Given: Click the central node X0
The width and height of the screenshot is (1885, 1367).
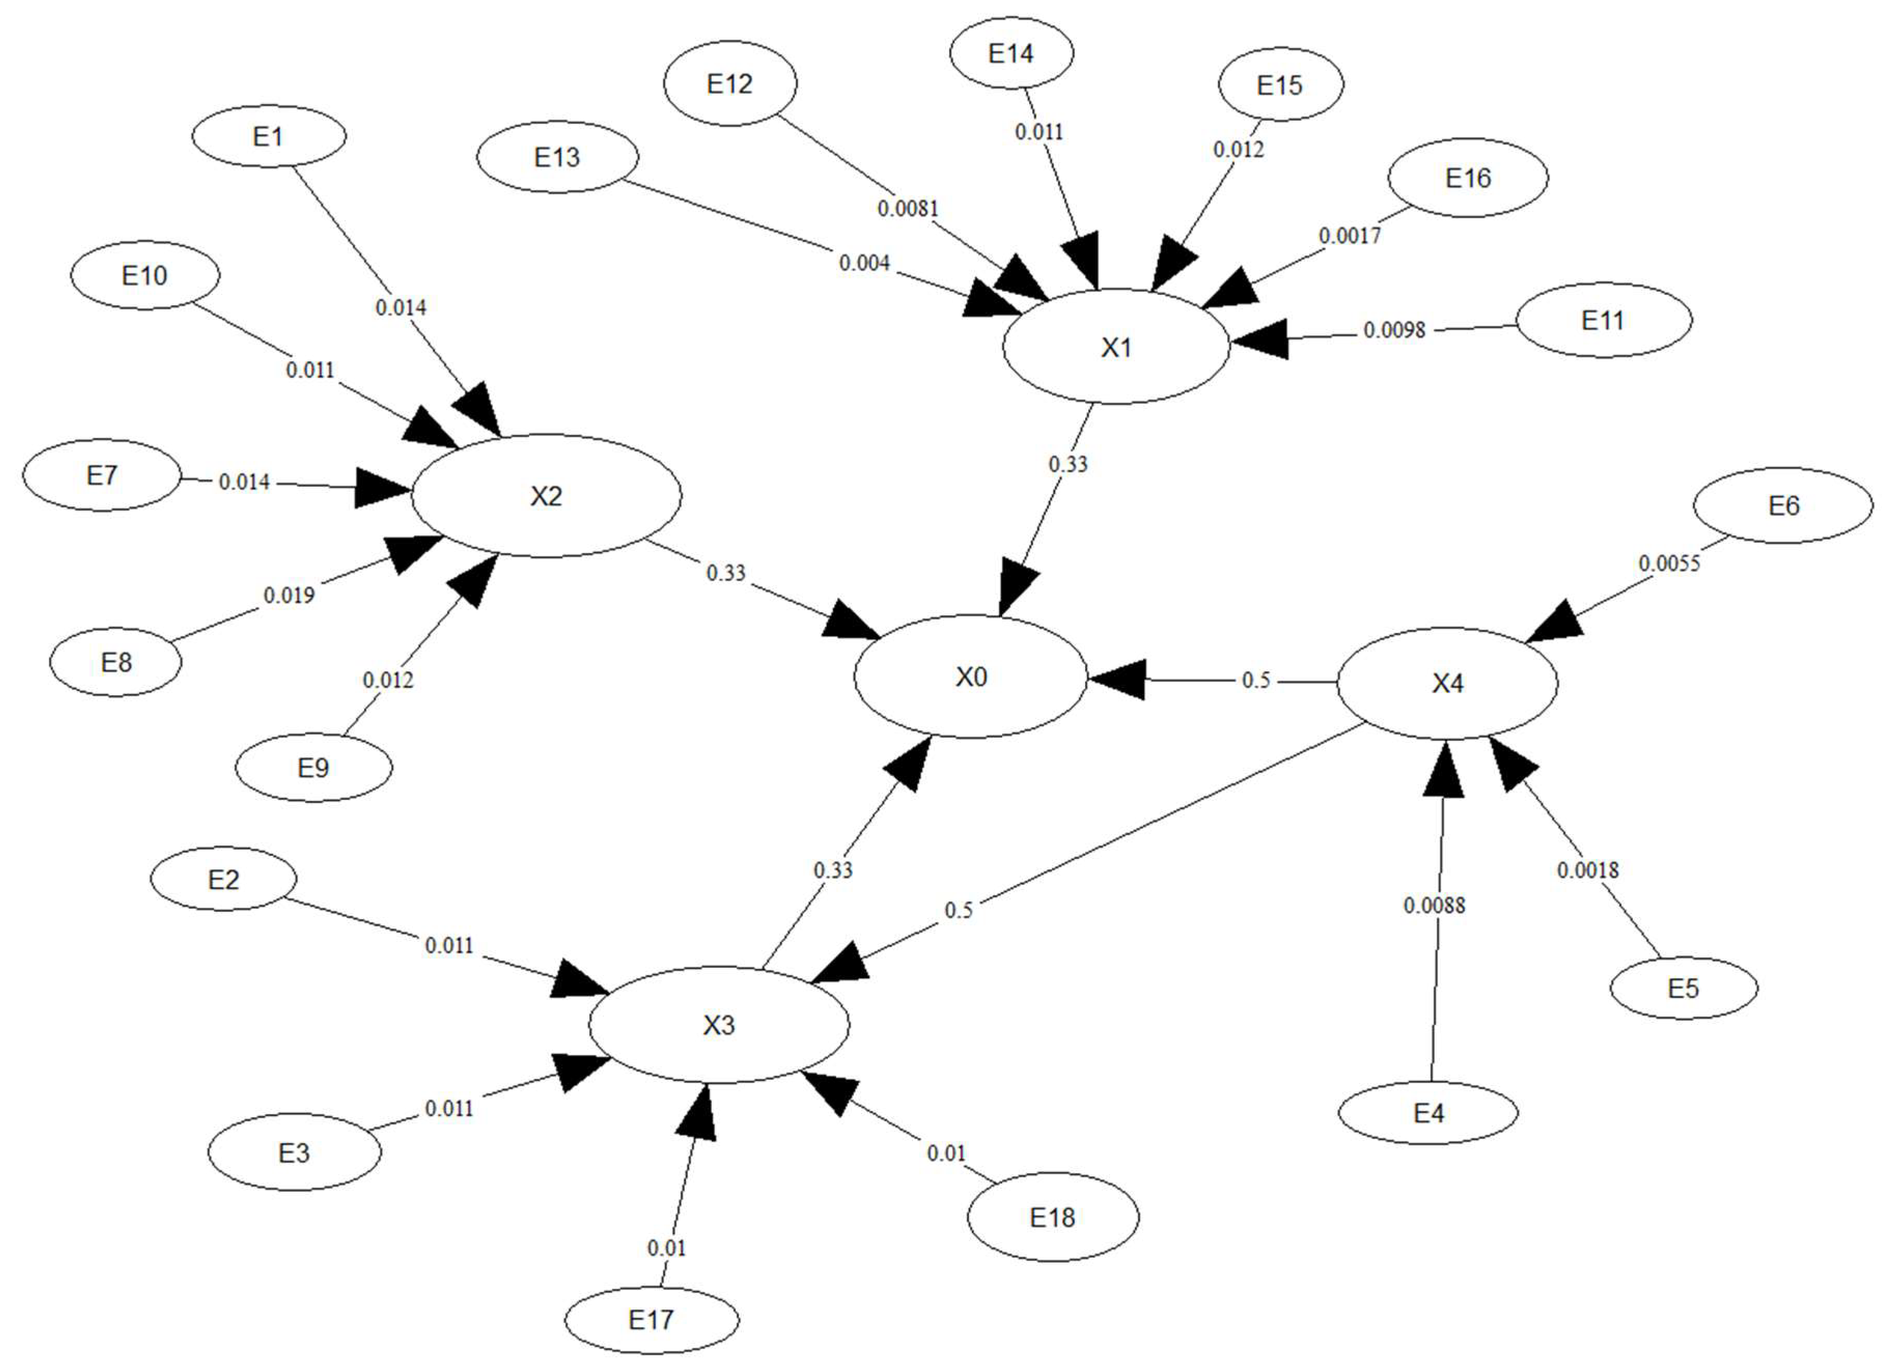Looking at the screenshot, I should (970, 677).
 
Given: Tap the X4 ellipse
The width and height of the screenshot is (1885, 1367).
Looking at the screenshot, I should (1447, 683).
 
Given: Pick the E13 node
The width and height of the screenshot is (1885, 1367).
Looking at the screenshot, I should (557, 157).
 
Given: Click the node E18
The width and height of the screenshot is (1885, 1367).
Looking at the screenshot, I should (1052, 1217).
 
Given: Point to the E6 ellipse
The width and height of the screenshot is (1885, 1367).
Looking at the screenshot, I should (1783, 505).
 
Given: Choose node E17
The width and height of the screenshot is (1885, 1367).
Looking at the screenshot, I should (651, 1319).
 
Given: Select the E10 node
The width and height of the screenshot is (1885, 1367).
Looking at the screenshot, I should (145, 275).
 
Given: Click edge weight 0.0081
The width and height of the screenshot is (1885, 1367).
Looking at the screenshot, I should (908, 208).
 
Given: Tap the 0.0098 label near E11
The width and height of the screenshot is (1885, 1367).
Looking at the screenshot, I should (1394, 330).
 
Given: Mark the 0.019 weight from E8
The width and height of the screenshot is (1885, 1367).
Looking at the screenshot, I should (288, 595).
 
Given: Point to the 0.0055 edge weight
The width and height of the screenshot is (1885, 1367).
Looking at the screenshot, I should (1669, 563).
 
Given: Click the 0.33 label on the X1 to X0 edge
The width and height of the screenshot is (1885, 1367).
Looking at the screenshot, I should (1067, 463).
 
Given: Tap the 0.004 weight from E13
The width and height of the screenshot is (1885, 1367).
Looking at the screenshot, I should (864, 263).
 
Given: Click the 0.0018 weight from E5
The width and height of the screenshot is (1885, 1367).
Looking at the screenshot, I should (1587, 870).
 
